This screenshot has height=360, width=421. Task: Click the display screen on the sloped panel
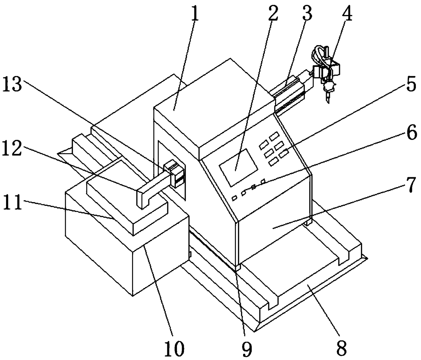[238, 167]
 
